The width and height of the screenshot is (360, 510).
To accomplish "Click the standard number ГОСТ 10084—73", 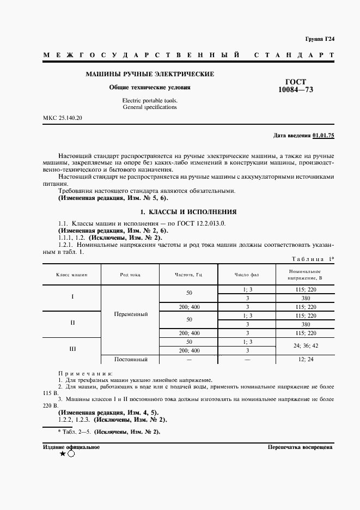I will (296, 84).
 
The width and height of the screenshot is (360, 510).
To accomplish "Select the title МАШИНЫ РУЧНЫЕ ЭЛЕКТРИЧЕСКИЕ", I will (150, 74).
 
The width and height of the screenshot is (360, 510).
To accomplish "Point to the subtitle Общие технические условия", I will (150, 87).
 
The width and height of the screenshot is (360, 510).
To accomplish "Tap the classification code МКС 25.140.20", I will (63, 118).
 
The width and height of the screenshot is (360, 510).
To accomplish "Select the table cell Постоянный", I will (131, 359).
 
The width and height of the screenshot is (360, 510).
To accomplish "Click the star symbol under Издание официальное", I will (63, 454).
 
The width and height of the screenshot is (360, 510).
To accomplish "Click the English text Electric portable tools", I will (150, 101).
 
